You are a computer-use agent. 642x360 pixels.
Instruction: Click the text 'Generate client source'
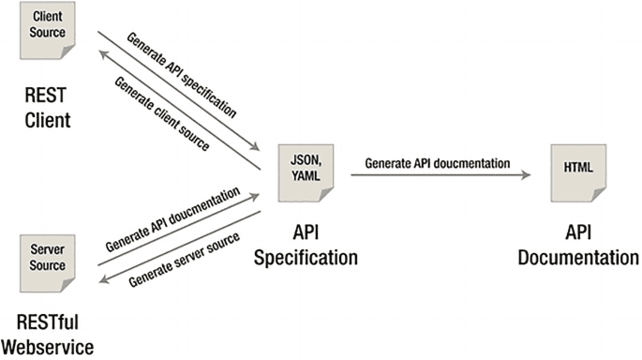pos(161,112)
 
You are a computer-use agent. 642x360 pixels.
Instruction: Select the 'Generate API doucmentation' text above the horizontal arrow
pos(437,162)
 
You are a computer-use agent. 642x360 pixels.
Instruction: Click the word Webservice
pos(48,348)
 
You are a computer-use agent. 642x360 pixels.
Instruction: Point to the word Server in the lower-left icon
pos(47,252)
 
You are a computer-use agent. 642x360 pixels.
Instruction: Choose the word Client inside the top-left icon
pos(49,19)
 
